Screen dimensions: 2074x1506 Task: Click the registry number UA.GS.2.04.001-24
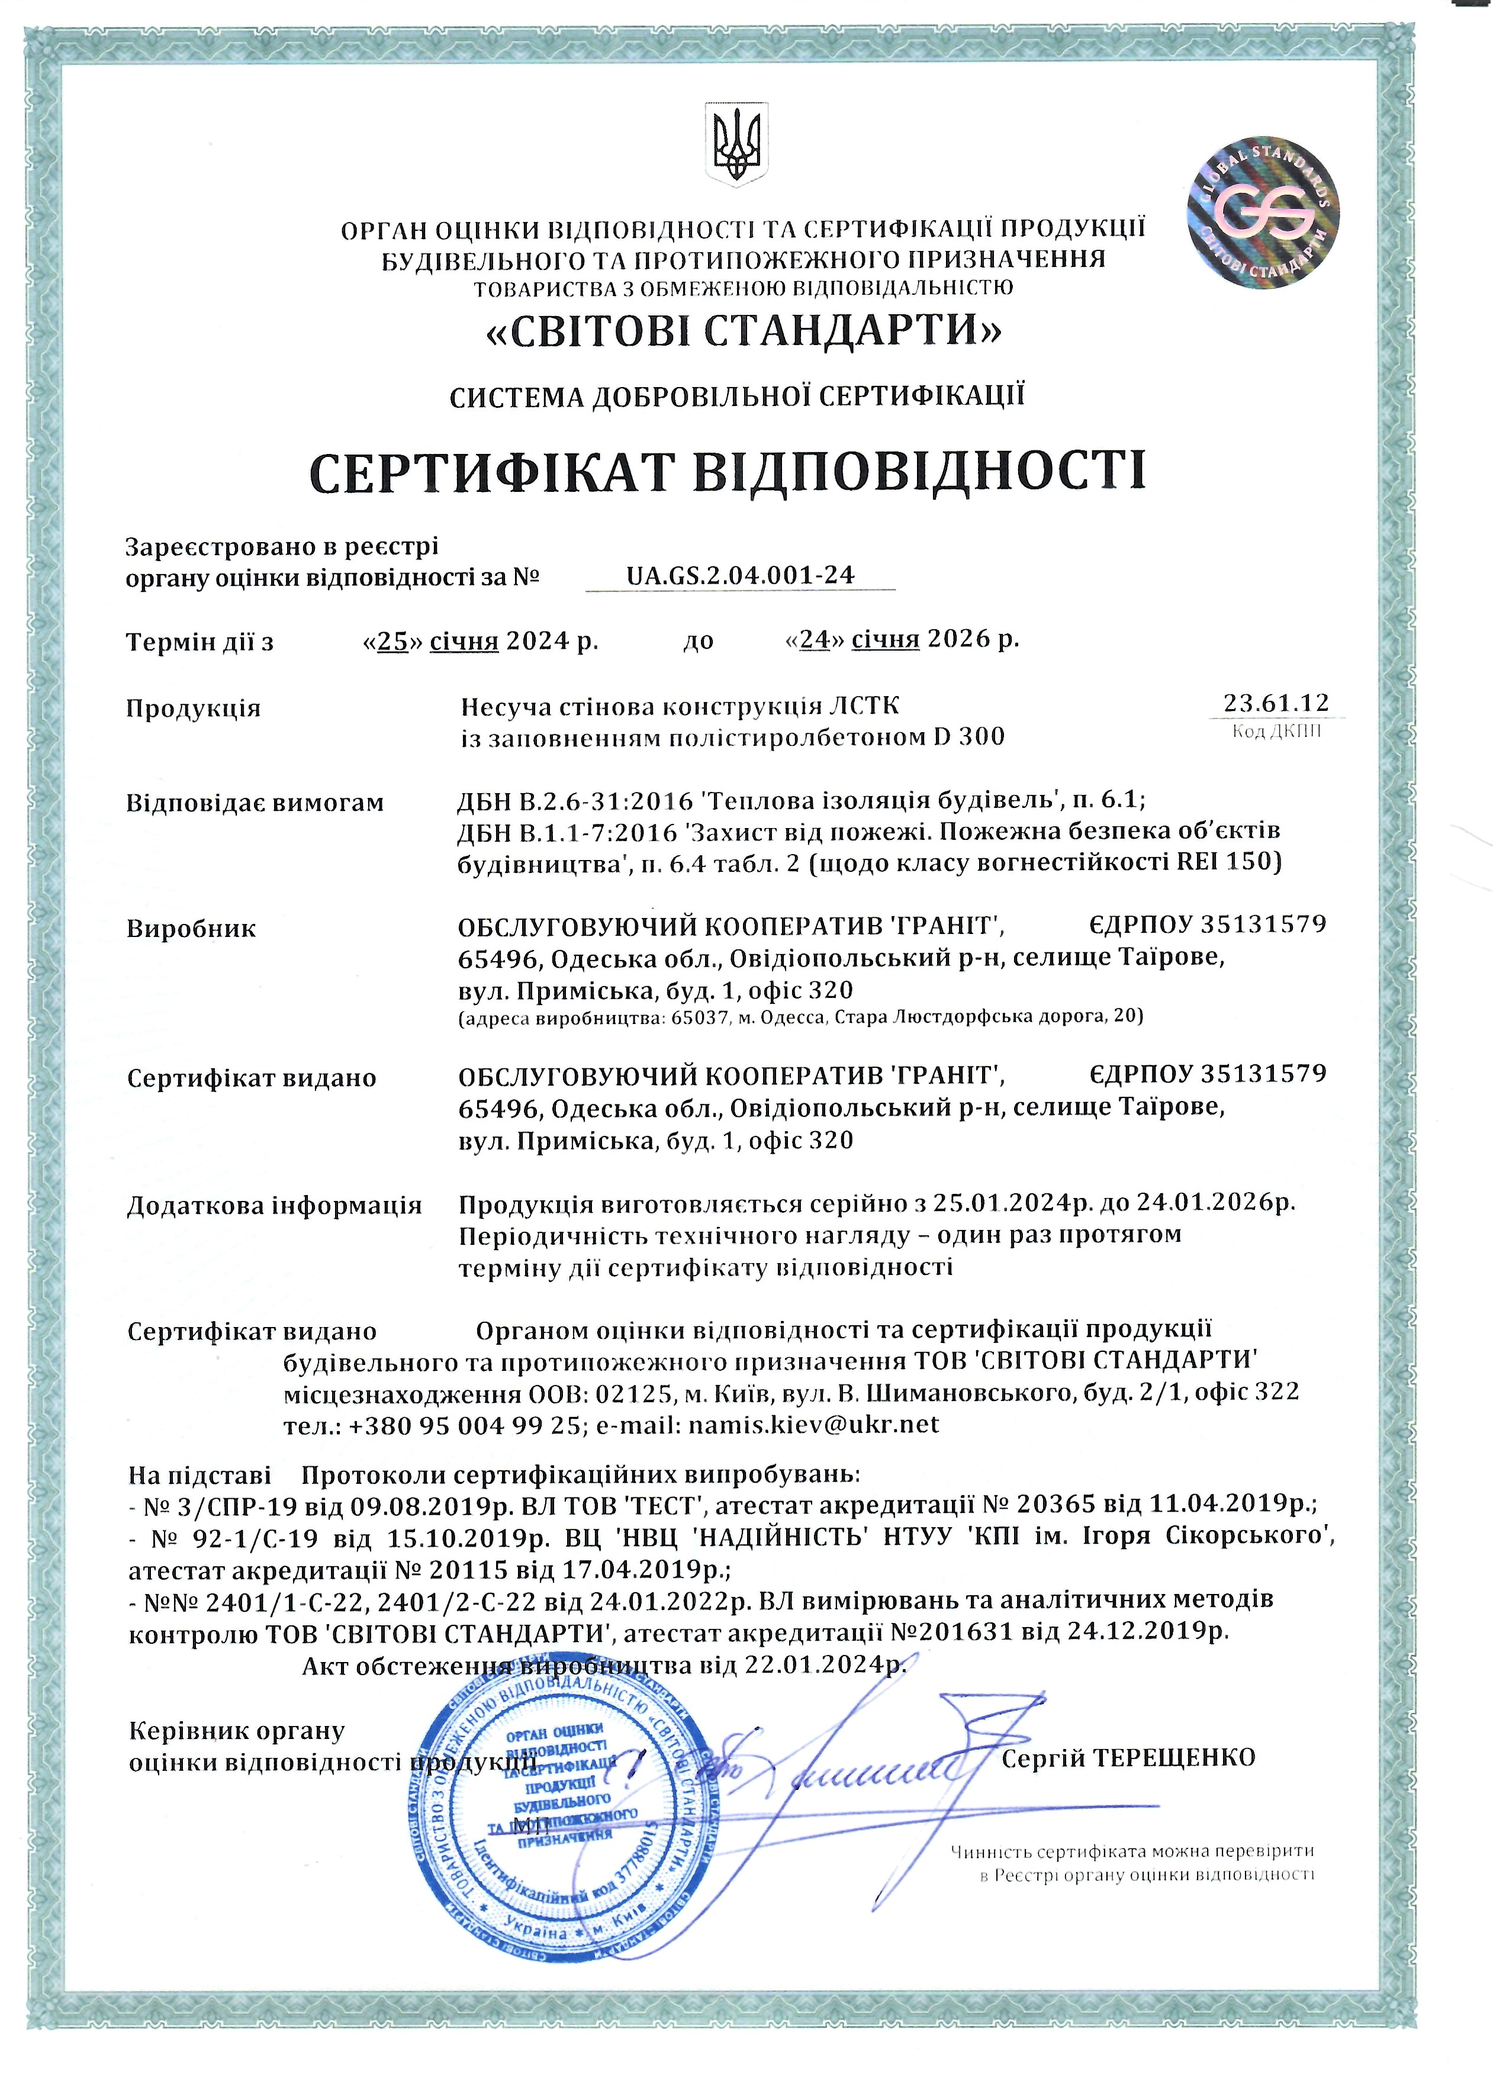click(x=740, y=575)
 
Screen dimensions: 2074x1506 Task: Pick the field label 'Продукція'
click(x=193, y=708)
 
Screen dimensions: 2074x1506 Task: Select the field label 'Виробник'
click(x=191, y=929)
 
